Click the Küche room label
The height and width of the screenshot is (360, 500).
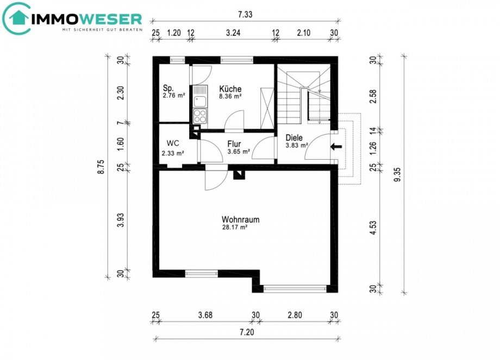[230, 89]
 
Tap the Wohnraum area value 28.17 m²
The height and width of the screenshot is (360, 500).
[235, 228]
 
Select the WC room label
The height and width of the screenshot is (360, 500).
[173, 143]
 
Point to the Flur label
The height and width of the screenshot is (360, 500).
[234, 144]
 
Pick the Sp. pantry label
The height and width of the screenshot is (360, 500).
[168, 89]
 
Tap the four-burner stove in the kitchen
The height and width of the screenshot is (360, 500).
[200, 115]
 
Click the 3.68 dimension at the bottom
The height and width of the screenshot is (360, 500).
[205, 315]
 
